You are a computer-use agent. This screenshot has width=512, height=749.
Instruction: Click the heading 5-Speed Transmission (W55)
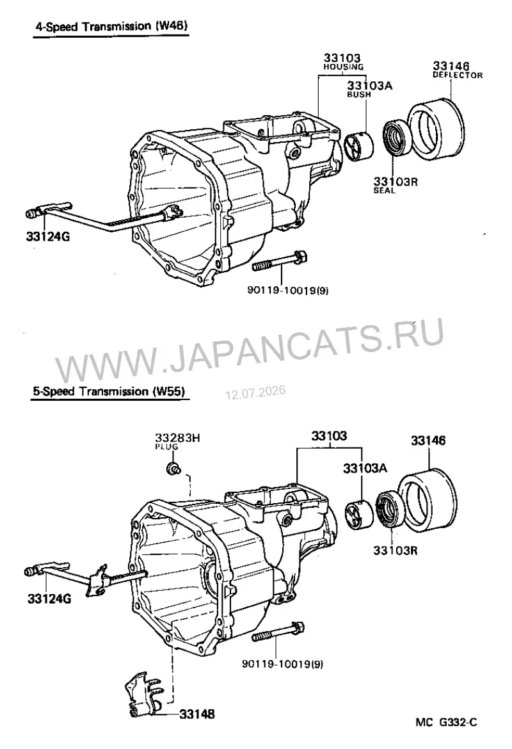109,391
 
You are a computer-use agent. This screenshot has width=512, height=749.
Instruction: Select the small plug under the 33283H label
173,468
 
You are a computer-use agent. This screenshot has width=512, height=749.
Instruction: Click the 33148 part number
196,714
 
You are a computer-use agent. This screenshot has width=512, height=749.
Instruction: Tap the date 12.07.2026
255,392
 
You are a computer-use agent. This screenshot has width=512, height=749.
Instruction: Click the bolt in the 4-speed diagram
280,261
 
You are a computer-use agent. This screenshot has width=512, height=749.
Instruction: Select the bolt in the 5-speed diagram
278,631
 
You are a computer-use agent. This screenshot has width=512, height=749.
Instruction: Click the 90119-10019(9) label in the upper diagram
288,290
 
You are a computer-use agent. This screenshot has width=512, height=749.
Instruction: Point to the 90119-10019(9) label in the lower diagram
282,663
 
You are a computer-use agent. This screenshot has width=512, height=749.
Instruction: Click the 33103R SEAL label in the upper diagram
396,185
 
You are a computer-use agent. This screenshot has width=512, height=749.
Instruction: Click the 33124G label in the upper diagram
48,236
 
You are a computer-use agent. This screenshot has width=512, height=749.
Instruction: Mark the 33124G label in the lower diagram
49,598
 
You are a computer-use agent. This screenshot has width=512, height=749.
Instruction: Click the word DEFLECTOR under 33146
458,75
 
